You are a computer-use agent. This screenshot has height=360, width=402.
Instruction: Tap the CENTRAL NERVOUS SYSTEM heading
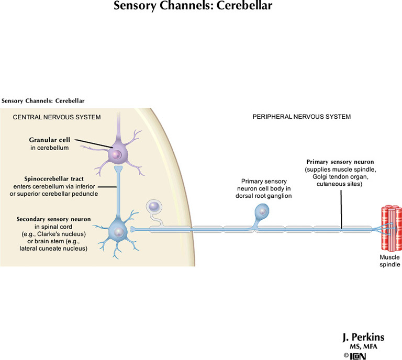click(x=57, y=117)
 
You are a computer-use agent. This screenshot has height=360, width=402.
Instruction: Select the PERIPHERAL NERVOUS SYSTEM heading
click(x=301, y=116)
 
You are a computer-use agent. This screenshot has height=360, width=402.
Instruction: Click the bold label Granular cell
click(x=50, y=140)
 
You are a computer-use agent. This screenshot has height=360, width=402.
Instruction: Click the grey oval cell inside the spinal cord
click(x=155, y=208)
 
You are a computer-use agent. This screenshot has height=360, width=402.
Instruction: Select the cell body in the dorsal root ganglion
click(x=262, y=211)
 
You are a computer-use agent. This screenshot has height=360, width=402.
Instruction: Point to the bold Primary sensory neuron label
click(x=340, y=163)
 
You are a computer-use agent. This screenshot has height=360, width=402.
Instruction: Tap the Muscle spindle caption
click(x=390, y=261)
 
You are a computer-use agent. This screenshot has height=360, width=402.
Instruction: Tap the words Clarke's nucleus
click(x=63, y=234)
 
